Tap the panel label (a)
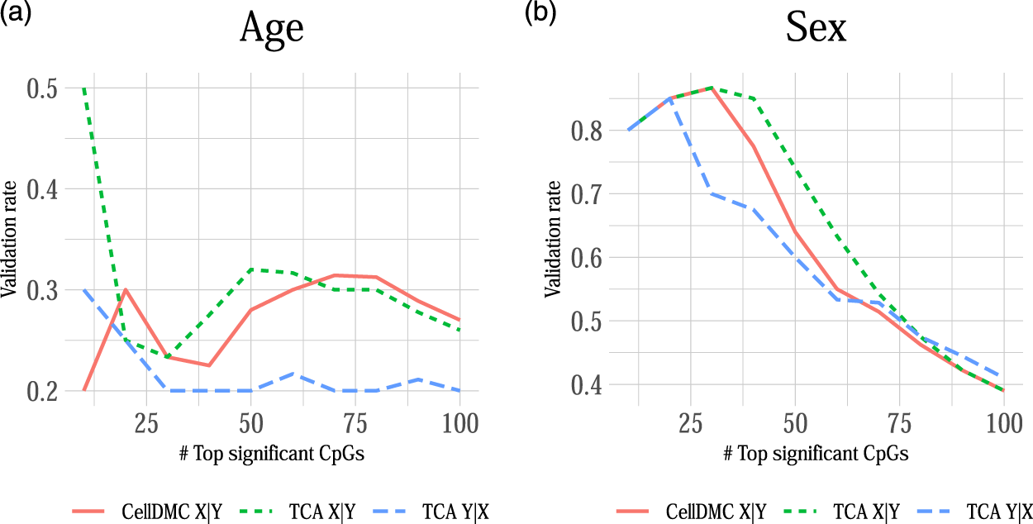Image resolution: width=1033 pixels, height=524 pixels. point(16,14)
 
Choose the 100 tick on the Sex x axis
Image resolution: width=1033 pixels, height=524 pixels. point(1003,424)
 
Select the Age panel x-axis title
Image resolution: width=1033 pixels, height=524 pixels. point(272,454)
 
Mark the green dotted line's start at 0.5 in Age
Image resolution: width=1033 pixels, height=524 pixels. point(83,88)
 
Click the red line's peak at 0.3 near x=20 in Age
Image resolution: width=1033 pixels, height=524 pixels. point(126,290)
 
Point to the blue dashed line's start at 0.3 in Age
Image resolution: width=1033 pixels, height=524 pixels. point(83,290)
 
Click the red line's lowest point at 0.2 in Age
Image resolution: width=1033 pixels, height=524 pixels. point(83,390)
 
